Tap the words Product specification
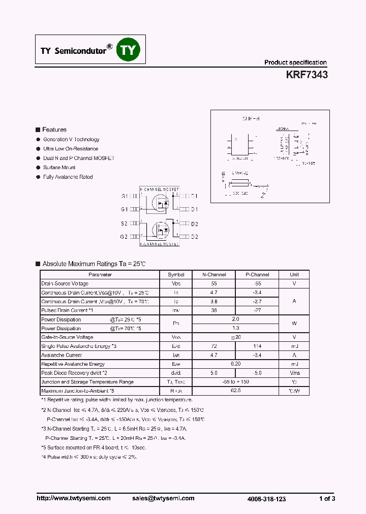tap(295, 62)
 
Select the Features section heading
tap(54, 130)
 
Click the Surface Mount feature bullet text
tap(59, 167)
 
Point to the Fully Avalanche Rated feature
tap(68, 177)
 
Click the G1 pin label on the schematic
tap(125, 209)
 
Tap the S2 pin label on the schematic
tap(125, 223)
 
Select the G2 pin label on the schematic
tap(125, 237)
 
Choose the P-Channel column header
tap(257, 274)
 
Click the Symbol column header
tap(176, 274)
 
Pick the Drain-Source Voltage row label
tap(65, 283)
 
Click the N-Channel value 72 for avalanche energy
tap(213, 346)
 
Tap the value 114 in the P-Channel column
tap(257, 346)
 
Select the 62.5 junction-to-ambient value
tap(235, 391)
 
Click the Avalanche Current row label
tap(62, 355)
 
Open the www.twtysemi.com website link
tap(74, 498)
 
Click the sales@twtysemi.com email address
tap(167, 498)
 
